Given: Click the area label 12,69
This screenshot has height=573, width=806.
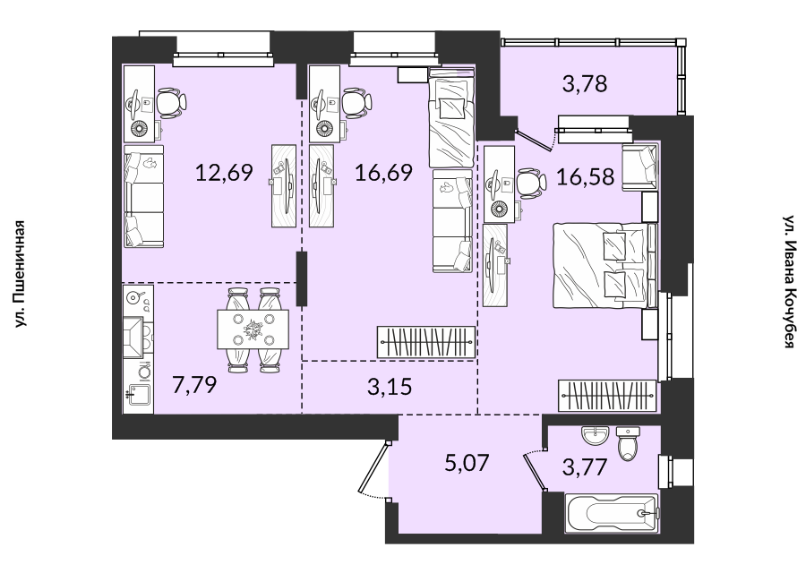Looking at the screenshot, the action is (x=224, y=173).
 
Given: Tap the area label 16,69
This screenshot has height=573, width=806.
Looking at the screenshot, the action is (x=383, y=173).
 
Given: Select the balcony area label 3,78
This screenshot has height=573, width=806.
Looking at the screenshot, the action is (x=585, y=83).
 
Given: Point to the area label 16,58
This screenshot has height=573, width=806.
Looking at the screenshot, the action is (x=586, y=176).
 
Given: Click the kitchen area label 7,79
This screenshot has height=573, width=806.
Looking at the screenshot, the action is (x=194, y=384).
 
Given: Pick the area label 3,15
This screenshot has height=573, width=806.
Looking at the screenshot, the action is (x=390, y=387).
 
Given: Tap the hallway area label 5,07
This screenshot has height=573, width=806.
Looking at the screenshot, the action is (x=467, y=463).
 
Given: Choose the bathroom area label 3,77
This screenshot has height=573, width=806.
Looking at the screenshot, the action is (x=585, y=468).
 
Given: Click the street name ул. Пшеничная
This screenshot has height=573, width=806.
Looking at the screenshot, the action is (x=20, y=274).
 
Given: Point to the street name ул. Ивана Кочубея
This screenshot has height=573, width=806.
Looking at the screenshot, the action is (x=789, y=282).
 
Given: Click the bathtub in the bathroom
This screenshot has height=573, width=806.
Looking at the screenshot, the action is (x=612, y=513).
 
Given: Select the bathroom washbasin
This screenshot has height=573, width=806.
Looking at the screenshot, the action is (x=596, y=437).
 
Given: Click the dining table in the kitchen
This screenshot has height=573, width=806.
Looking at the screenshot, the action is (x=253, y=329).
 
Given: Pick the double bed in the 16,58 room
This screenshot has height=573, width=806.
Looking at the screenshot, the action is (x=600, y=265).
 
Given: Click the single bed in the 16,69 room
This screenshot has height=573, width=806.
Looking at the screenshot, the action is (x=450, y=117).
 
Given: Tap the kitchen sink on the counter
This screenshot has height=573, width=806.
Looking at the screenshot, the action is (x=138, y=395).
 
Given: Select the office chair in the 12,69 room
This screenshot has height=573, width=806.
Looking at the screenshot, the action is (x=172, y=102).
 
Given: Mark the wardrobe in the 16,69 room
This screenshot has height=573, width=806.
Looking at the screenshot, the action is (x=426, y=342).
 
